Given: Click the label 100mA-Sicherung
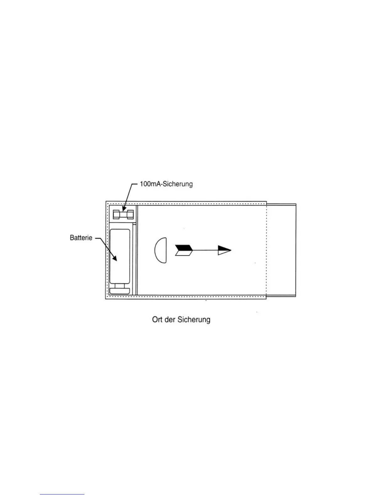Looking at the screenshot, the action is pyautogui.click(x=166, y=184).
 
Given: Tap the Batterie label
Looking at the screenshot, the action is pyautogui.click(x=81, y=238).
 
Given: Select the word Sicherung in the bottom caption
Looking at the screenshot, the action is pyautogui.click(x=194, y=320).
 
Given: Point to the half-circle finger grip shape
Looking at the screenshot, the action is pyautogui.click(x=161, y=250).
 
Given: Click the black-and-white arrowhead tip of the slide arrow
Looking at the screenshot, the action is pyautogui.click(x=225, y=250).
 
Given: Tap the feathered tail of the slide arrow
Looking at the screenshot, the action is pyautogui.click(x=184, y=250).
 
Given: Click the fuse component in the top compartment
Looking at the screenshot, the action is pyautogui.click(x=123, y=215).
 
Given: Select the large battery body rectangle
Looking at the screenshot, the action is pyautogui.click(x=120, y=256).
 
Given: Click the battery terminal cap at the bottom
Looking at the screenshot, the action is pyautogui.click(x=120, y=291).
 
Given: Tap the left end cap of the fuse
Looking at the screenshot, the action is pyautogui.click(x=116, y=215).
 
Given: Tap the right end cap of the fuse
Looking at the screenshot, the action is pyautogui.click(x=130, y=215).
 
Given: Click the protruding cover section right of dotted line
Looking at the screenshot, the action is pyautogui.click(x=281, y=250).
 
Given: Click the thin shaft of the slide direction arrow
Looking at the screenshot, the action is pyautogui.click(x=205, y=250).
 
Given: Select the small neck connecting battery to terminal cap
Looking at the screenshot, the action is pyautogui.click(x=120, y=286).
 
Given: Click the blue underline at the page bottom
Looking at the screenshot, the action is pyautogui.click(x=62, y=494).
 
